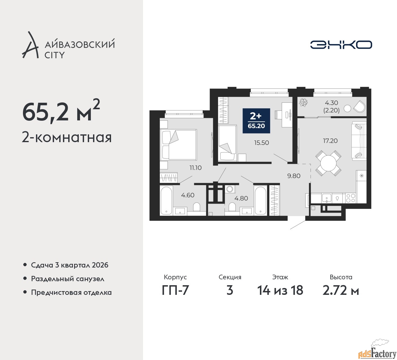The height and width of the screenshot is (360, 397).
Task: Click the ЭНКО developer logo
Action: (341, 45)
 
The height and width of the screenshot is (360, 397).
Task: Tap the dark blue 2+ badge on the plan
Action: (256, 121)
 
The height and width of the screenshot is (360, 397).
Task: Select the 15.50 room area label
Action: (261, 142)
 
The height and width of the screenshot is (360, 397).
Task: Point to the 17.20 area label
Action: (330, 141)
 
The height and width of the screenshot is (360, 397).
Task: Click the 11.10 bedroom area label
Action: (195, 168)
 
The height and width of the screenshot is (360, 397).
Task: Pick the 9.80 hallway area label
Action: (294, 176)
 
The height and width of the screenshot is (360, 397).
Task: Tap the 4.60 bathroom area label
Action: (188, 195)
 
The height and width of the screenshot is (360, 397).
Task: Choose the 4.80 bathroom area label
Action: (241, 198)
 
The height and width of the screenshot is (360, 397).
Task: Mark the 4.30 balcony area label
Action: (331, 103)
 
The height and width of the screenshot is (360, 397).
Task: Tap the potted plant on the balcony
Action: (304, 102)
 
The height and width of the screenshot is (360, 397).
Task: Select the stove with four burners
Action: (350, 198)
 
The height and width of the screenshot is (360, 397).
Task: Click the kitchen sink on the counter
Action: (326, 198)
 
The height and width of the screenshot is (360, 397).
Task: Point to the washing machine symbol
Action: (230, 189)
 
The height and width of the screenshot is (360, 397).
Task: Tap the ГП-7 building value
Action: (175, 290)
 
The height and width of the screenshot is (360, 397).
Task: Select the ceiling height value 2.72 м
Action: (341, 290)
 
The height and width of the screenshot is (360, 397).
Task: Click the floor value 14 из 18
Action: (280, 290)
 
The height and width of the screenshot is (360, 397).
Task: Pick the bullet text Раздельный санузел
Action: (68, 279)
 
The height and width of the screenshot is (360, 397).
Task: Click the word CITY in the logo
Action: (55, 55)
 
